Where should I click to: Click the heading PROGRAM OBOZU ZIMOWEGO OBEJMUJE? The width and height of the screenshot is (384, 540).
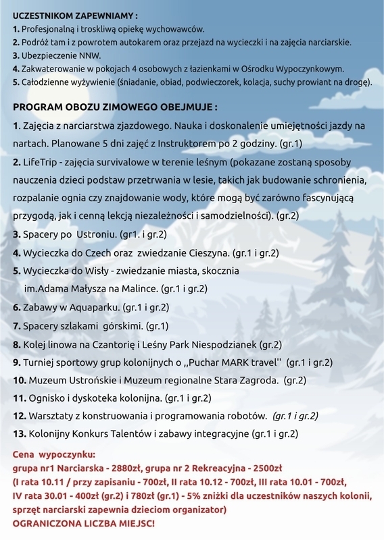point(115,107)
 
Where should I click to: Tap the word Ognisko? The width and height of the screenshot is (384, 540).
point(47,398)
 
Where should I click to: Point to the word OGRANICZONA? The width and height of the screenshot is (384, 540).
point(47,523)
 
